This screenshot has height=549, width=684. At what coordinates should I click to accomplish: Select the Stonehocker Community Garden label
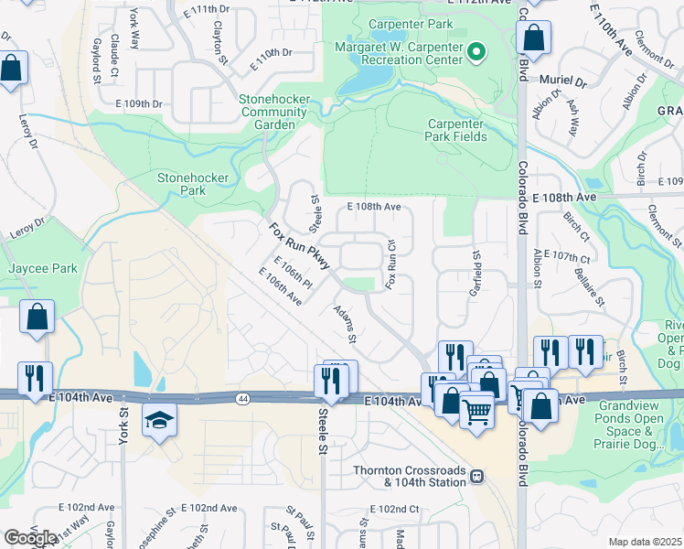pos(273,112)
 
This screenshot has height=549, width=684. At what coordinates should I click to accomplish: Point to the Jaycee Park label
pos(43,268)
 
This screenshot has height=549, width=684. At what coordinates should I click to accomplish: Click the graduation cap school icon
pos(159,421)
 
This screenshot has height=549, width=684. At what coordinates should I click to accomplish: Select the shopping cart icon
pos(477,413)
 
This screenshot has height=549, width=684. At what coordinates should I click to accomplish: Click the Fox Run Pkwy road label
pos(299,241)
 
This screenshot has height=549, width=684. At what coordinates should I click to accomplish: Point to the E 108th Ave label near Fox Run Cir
pos(374,207)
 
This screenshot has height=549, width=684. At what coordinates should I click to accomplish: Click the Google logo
pos(30,538)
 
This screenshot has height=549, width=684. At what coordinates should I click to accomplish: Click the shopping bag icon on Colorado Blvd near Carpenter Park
pos(533,38)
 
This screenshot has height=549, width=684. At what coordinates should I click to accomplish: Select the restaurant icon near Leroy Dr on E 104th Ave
pos(35,377)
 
